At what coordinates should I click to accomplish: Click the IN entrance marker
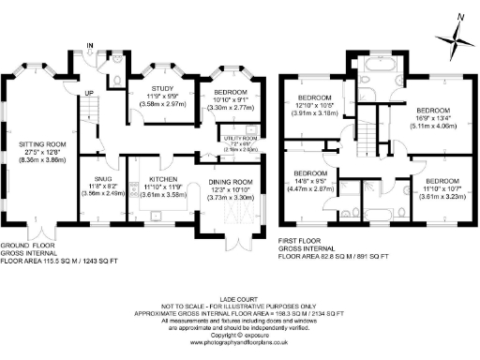90,45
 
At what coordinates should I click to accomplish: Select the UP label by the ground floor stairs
88,93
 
